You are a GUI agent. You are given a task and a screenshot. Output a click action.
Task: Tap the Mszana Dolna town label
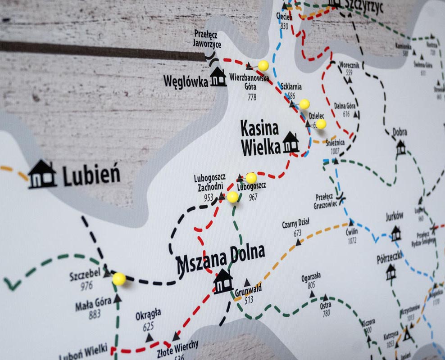(x=220, y=258)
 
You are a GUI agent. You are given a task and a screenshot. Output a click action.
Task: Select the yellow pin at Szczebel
(x=119, y=279)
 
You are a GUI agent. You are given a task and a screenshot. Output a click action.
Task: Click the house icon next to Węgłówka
(x=218, y=77)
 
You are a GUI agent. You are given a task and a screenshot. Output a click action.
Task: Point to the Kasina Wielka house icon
(x=291, y=143)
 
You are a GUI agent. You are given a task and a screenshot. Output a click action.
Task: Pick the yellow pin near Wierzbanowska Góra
(x=263, y=66)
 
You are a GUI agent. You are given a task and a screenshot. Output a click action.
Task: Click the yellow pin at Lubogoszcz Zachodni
(x=232, y=197)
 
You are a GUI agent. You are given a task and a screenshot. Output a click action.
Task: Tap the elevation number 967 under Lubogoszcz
(x=253, y=197)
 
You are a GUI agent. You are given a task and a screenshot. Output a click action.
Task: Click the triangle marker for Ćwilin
(x=350, y=222)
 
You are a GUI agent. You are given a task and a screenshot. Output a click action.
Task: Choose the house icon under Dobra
(x=400, y=147)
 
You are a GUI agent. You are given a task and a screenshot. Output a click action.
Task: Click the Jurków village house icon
(x=395, y=233)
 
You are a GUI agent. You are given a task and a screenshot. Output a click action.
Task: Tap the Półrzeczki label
(x=389, y=259)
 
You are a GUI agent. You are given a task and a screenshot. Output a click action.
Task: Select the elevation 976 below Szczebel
(x=86, y=285)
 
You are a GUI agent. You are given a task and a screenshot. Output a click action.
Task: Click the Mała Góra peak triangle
(x=117, y=298)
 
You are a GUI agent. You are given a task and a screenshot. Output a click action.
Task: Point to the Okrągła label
(x=148, y=315)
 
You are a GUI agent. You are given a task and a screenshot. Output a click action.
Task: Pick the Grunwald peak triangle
(x=247, y=283)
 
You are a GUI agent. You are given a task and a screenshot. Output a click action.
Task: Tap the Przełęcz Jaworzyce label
(x=207, y=39)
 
